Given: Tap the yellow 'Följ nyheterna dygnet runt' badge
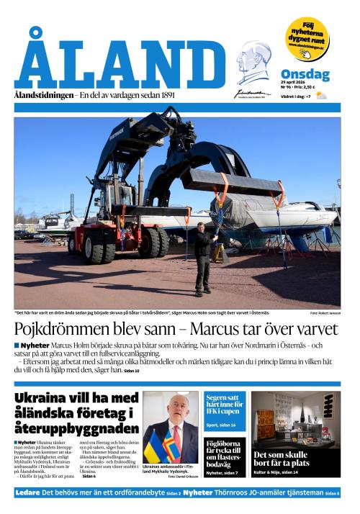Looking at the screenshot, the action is [x=306, y=38].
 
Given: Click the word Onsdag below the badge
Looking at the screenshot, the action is [x=305, y=75].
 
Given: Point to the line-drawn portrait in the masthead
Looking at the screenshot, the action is [x=253, y=63].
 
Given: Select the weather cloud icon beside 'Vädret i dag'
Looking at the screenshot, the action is [x=321, y=95].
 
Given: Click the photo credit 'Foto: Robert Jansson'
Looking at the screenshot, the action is [x=325, y=312].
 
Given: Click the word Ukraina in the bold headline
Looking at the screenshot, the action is [x=40, y=398].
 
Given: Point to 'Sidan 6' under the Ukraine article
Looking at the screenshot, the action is [x=89, y=477].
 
